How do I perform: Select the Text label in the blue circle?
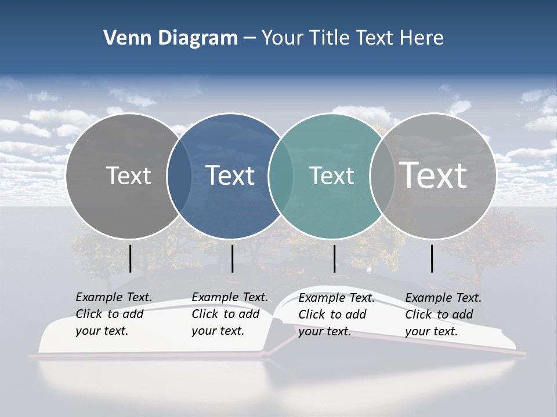(230, 175)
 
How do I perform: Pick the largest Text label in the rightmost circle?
(433, 175)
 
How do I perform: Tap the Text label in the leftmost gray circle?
(129, 175)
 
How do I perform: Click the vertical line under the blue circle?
(232, 258)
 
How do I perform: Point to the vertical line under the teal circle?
(335, 258)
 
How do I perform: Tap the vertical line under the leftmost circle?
(131, 258)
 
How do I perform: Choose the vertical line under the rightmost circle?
(432, 258)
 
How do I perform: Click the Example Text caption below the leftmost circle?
(113, 314)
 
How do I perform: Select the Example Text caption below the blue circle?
(229, 314)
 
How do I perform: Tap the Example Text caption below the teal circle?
(336, 314)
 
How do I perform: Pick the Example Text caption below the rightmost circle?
(443, 314)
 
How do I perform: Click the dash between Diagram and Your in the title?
(249, 39)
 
